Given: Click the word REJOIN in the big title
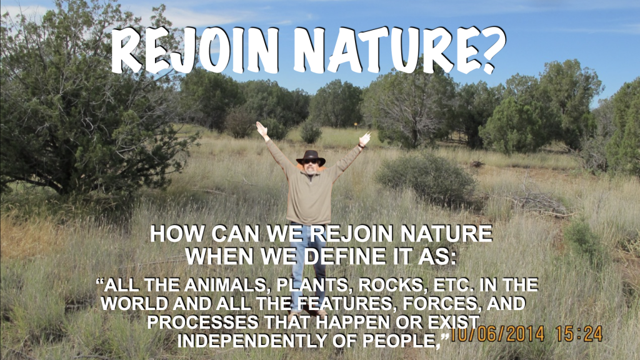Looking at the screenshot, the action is pyautogui.click(x=195, y=50).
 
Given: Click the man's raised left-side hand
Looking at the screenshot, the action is pyautogui.click(x=261, y=129).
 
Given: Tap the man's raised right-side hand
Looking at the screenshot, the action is pyautogui.click(x=364, y=139).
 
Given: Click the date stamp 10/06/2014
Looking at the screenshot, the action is pyautogui.click(x=497, y=334).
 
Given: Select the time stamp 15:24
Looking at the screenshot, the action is pyautogui.click(x=579, y=334).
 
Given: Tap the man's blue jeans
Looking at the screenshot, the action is pyautogui.click(x=309, y=261).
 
